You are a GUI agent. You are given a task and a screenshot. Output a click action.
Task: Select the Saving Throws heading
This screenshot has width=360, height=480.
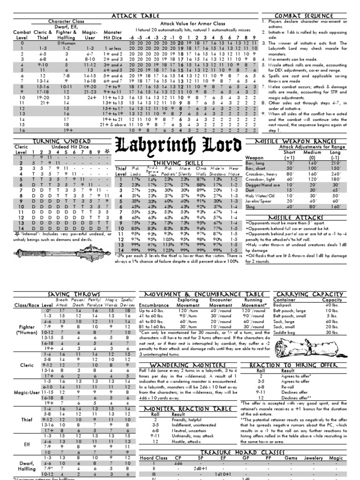coord(69,293)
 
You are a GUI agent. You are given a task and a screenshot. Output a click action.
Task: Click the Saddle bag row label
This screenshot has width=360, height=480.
coord(286,332)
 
